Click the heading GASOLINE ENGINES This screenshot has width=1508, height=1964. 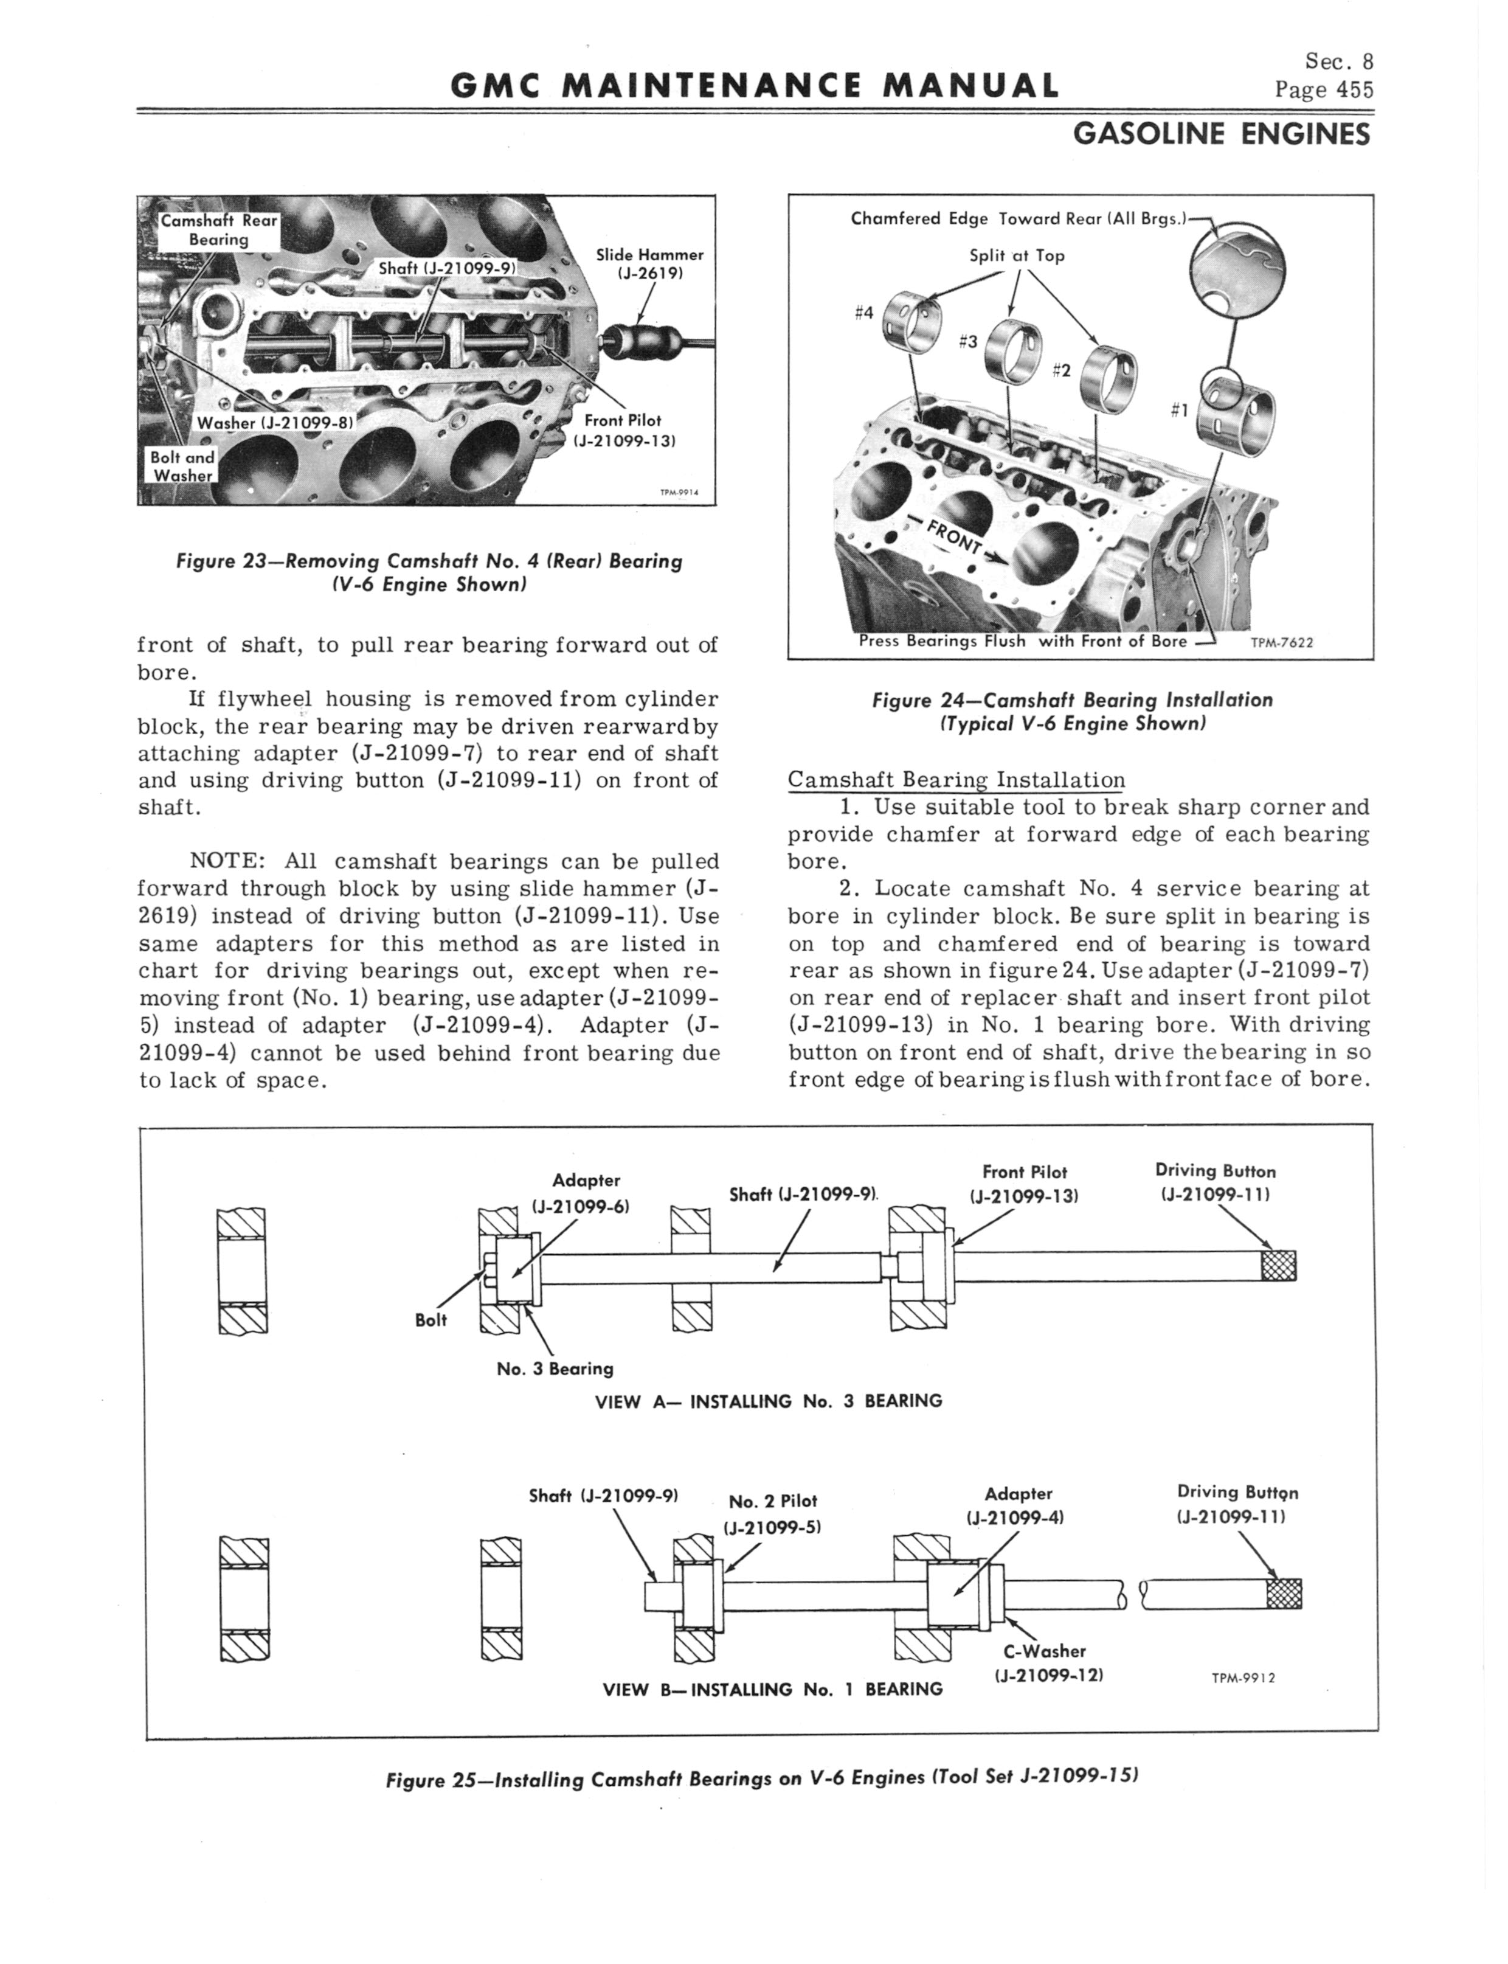pyautogui.click(x=1222, y=134)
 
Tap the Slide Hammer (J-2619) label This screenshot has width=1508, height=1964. pyautogui.click(x=650, y=264)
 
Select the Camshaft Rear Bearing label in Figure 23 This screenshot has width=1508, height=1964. pyautogui.click(x=218, y=230)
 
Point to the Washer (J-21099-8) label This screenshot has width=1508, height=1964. pyautogui.click(x=275, y=423)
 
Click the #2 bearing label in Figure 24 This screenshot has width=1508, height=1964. pyautogui.click(x=1061, y=370)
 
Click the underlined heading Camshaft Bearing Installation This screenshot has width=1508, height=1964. pyautogui.click(x=956, y=780)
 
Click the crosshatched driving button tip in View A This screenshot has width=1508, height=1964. pyautogui.click(x=1278, y=1266)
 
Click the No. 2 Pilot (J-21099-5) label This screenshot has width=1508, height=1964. pyautogui.click(x=773, y=1513)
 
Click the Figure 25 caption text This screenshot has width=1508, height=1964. pyautogui.click(x=761, y=1779)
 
